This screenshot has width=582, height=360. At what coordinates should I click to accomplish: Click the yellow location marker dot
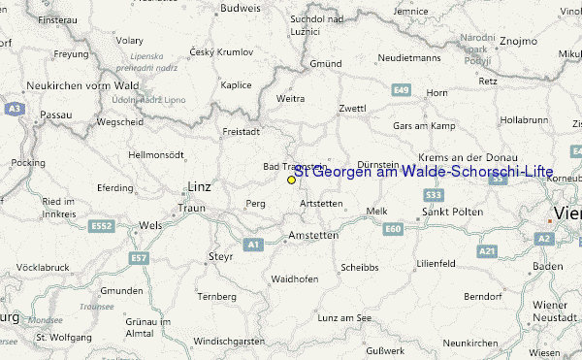(291, 180)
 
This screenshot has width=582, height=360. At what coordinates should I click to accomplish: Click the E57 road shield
(140, 258)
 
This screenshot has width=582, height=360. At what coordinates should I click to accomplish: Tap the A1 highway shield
(253, 245)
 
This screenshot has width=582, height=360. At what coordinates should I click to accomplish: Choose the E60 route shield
(393, 229)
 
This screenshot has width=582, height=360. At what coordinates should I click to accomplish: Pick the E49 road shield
(402, 89)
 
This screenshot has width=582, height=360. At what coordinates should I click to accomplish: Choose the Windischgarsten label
(228, 342)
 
